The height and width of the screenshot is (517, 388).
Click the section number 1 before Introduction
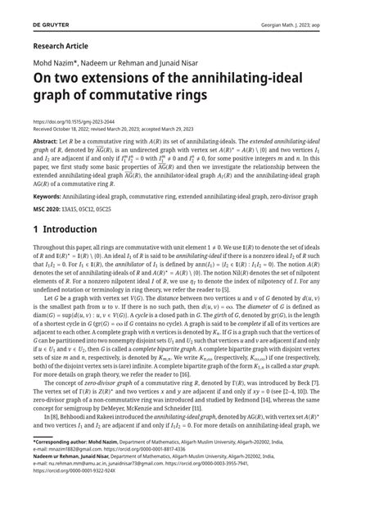coord(37,230)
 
